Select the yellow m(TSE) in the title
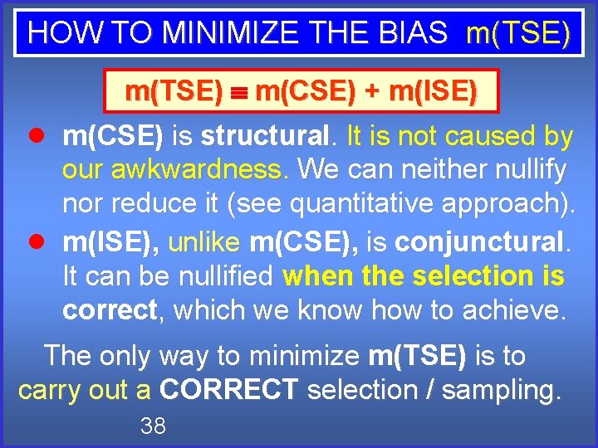517,32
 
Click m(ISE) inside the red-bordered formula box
432,90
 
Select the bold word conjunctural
479,241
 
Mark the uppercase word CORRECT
228,389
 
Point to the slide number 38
153,426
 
